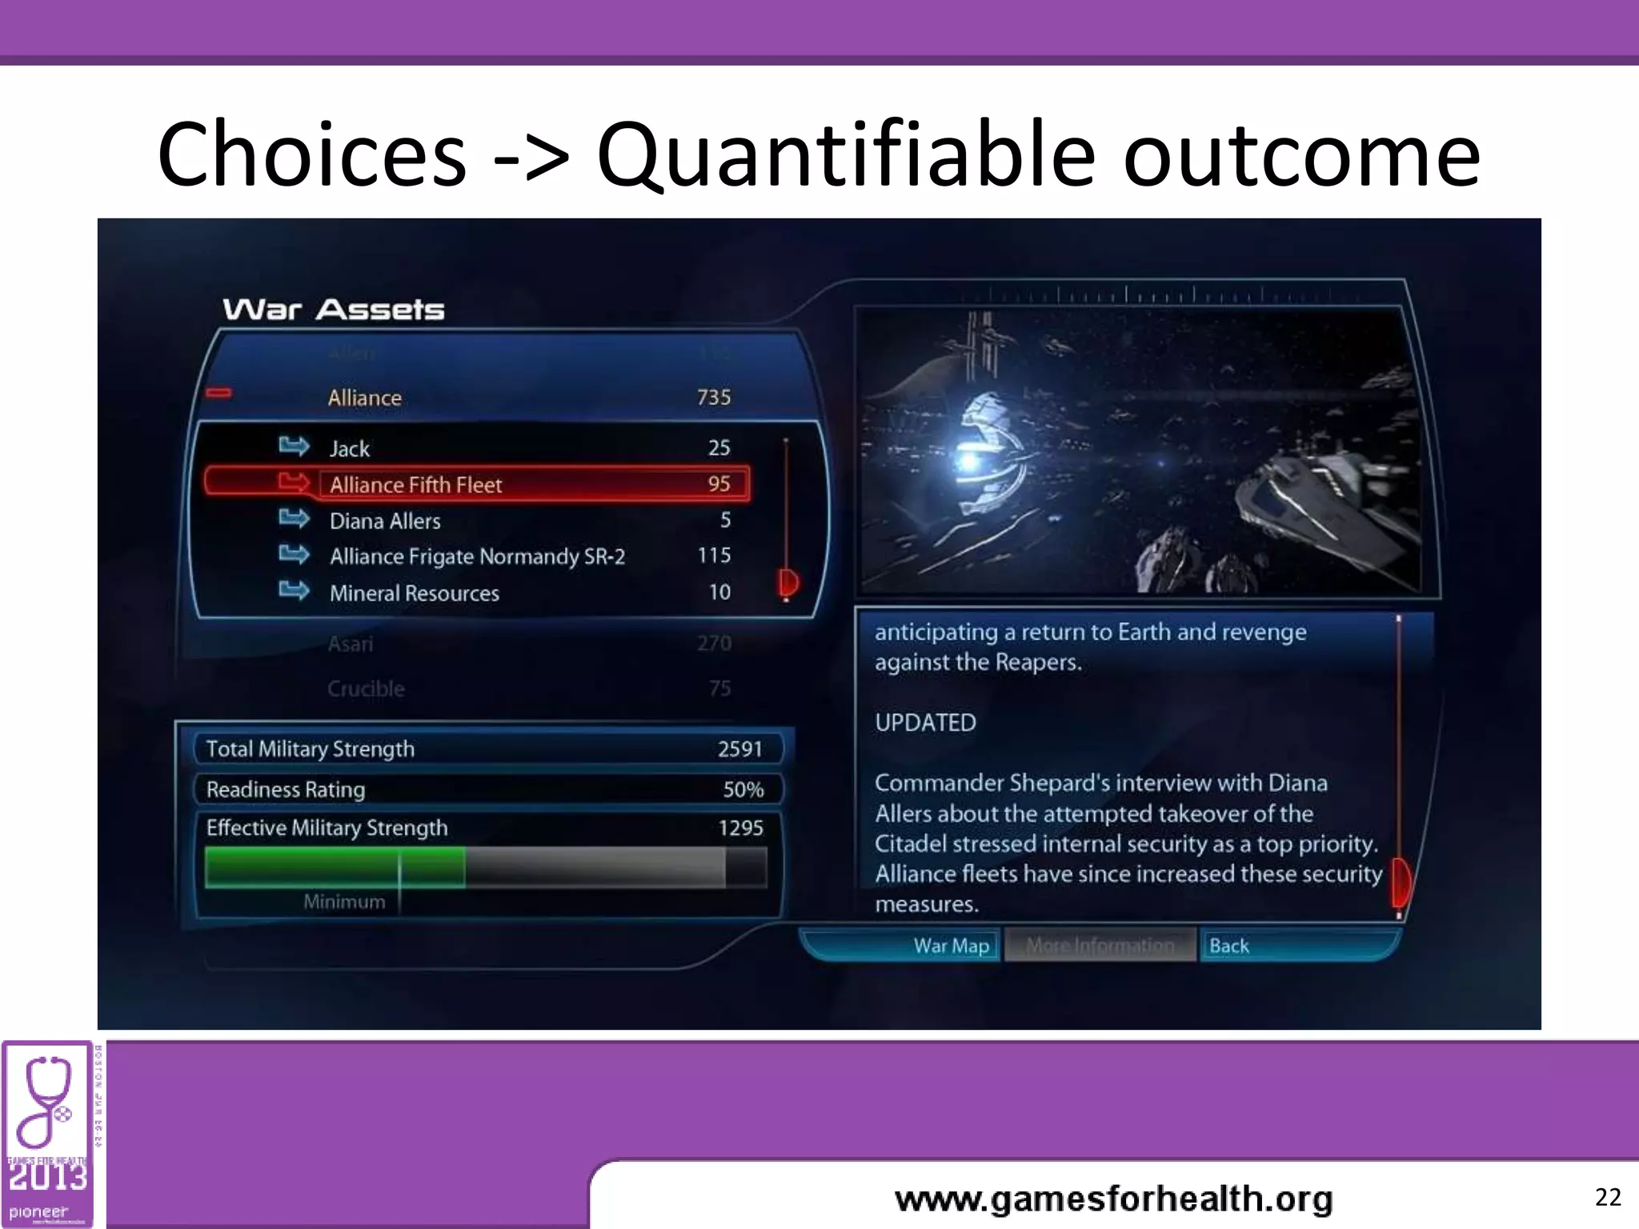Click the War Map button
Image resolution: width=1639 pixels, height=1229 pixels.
pos(951,946)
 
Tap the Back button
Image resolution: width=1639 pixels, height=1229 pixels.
pos(1228,946)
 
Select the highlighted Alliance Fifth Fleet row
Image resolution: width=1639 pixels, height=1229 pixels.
pos(477,484)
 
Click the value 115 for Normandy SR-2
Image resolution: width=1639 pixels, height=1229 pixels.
pos(714,555)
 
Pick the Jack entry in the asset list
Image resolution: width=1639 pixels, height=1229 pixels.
pos(350,448)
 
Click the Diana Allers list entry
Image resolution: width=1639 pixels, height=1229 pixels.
pos(385,521)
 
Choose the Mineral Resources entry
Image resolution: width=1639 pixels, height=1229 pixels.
pos(414,593)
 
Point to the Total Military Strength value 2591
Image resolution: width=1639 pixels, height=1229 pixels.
pos(739,749)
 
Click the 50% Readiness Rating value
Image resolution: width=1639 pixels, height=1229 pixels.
pos(743,790)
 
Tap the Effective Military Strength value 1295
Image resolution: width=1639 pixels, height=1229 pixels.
pos(740,828)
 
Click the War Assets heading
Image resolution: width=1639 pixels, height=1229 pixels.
pos(333,310)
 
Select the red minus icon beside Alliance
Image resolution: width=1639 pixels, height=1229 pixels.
pos(218,393)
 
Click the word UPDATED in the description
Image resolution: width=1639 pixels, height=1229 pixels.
pos(925,723)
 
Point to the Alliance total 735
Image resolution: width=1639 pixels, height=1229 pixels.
pos(714,398)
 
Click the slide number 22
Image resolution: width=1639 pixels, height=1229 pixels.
pos(1608,1197)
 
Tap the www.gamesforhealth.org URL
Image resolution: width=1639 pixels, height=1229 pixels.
pos(1113,1199)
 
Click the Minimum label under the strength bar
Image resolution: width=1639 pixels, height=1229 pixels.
pos(344,902)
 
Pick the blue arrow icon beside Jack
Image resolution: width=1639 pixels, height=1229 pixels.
pos(294,446)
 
